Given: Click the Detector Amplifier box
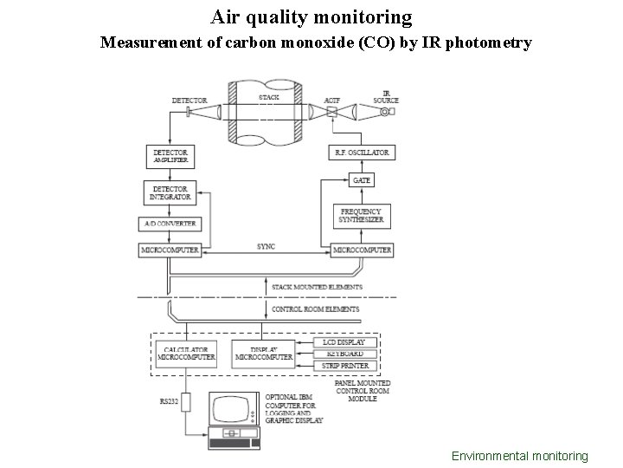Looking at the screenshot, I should tap(170, 156).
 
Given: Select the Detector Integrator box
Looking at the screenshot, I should tap(170, 192).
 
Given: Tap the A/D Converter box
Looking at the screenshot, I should tap(170, 224).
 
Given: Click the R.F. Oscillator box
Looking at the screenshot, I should tap(361, 153).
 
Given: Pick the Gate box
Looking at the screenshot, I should tap(361, 180).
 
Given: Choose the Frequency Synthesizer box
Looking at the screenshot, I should tap(361, 216).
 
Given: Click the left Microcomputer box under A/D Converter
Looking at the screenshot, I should tap(170, 250).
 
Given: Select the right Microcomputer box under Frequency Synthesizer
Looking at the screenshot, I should tap(361, 250).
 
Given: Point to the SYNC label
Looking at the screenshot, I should tap(266, 246).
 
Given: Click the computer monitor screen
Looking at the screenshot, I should tap(234, 410).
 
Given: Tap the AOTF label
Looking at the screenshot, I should tap(331, 101).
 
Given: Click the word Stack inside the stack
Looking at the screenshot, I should tap(269, 98).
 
